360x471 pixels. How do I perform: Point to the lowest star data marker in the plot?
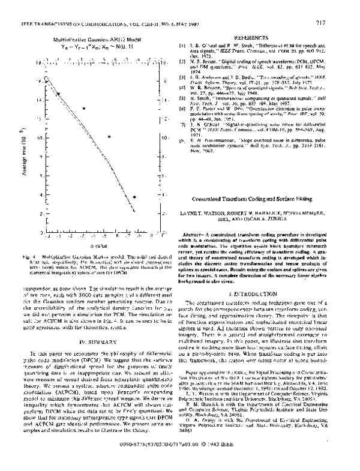[x=135, y=196]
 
